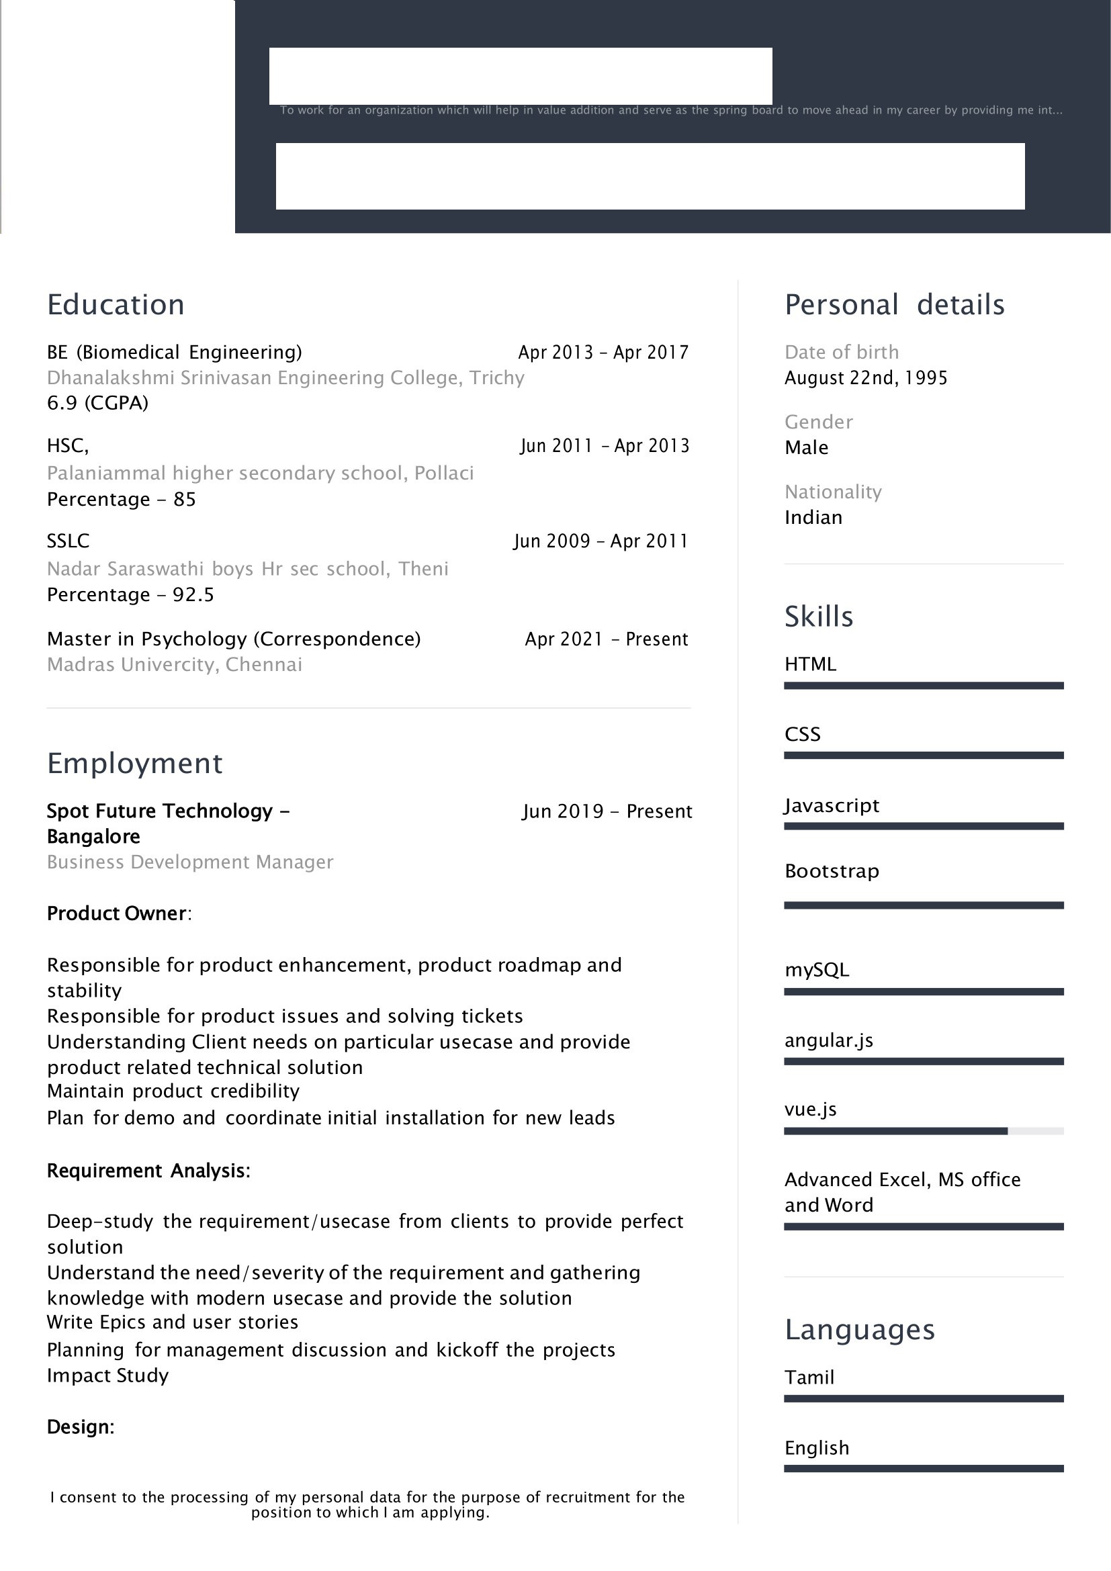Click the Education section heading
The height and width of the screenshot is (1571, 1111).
click(116, 305)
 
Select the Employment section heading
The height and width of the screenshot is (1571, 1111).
click(135, 764)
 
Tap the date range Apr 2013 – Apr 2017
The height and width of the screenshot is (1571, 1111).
click(603, 353)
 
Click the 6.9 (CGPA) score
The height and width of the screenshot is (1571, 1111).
click(97, 403)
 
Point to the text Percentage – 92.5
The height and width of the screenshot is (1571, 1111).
click(130, 594)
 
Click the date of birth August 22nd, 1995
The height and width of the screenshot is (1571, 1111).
click(865, 378)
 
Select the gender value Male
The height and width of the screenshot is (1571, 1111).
click(806, 448)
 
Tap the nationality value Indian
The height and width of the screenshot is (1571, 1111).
click(813, 518)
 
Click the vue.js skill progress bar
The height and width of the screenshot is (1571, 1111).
click(923, 1131)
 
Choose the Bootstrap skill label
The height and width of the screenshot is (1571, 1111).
click(831, 871)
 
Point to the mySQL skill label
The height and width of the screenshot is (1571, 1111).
click(816, 970)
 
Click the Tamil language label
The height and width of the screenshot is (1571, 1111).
click(809, 1378)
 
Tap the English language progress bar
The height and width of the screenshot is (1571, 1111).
click(923, 1468)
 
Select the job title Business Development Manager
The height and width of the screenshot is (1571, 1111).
click(189, 862)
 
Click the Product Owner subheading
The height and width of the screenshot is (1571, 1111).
click(118, 913)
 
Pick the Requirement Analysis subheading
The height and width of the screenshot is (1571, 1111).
click(148, 1171)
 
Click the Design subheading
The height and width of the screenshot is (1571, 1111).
click(80, 1427)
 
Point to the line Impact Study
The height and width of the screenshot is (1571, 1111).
click(107, 1376)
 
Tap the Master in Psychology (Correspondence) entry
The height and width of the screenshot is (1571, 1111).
click(233, 639)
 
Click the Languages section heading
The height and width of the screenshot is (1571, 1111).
click(859, 1329)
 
